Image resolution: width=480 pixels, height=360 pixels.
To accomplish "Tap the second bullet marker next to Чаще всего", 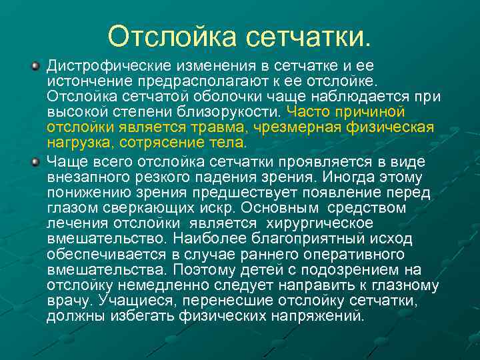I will (x=35, y=161).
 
